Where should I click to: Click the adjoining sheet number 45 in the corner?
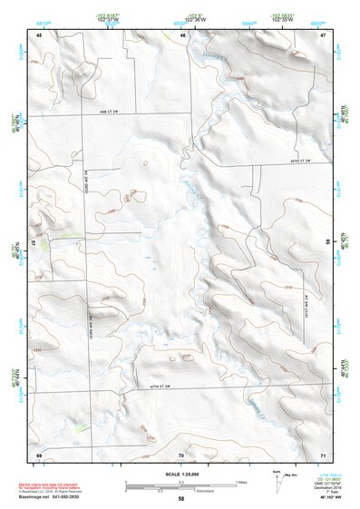39,34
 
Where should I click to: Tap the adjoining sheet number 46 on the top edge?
182,34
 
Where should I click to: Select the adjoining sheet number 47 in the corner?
323,34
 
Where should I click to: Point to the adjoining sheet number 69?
39,454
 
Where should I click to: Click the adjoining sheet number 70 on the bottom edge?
181,454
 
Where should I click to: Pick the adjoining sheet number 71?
323,454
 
